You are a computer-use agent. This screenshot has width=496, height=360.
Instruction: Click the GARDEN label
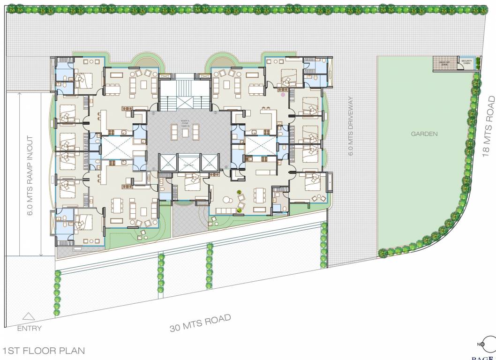click(424, 134)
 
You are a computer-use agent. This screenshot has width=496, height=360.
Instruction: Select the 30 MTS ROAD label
click(201, 323)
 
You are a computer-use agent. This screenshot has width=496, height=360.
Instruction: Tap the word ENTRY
click(29, 329)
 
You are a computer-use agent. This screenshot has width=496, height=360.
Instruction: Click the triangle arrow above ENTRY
click(29, 317)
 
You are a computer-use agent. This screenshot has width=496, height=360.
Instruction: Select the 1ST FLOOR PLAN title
click(43, 351)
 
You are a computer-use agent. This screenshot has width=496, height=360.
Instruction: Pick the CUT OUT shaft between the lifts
click(188, 164)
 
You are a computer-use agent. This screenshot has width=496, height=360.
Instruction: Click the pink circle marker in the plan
click(283, 94)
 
